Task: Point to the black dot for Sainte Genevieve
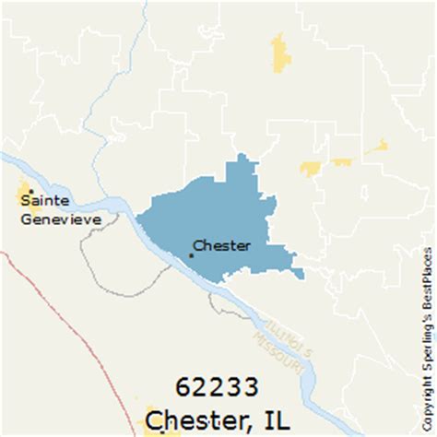30,191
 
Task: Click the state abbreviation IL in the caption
276,420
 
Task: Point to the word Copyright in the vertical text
426,396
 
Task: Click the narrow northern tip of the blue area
243,166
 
